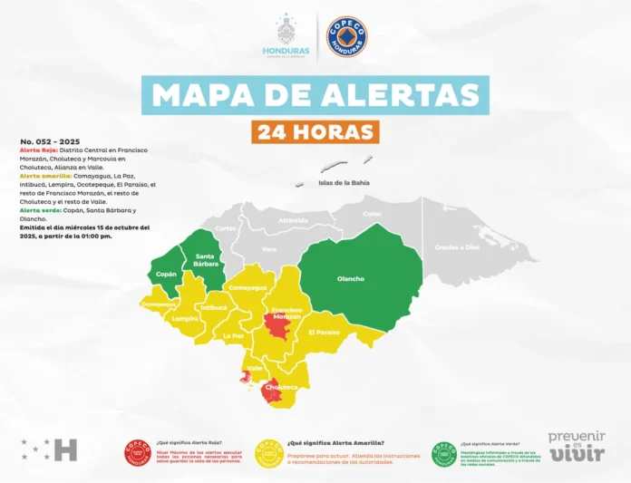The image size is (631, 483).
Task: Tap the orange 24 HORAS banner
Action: tap(315, 132)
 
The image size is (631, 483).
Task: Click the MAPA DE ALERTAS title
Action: tap(315, 94)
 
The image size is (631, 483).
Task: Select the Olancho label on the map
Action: tap(351, 278)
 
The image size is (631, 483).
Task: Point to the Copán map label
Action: tap(166, 273)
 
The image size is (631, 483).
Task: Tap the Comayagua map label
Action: tap(247, 287)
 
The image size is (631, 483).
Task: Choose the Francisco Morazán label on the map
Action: tap(286, 313)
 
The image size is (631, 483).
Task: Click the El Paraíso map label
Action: tap(324, 332)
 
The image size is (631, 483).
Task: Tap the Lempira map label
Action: tap(185, 318)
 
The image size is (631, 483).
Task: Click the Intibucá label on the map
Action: tap(214, 308)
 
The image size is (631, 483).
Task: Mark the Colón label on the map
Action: tap(372, 214)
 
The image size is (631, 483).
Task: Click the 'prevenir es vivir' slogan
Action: tap(577, 447)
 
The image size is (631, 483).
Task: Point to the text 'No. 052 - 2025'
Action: tap(51, 142)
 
